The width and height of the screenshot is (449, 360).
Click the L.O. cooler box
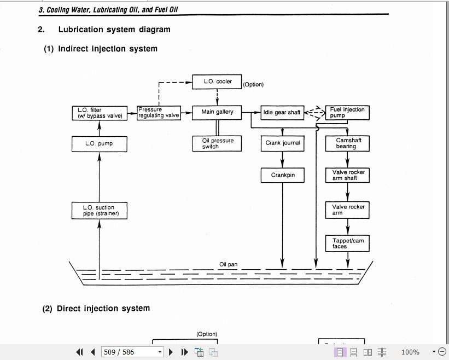[217, 82]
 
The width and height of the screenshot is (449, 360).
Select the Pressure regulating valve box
[158, 113]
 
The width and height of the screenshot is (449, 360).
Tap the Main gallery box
[217, 112]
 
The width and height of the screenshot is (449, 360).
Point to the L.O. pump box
[99, 144]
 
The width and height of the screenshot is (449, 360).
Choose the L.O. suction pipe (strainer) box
[99, 211]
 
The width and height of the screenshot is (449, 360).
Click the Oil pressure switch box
[217, 143]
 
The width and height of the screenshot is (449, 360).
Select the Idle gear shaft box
[282, 113]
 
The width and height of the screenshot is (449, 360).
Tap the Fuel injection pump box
[347, 113]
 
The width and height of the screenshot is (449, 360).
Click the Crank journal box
[282, 143]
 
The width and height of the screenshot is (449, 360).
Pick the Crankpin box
[282, 176]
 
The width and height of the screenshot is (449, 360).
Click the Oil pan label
[228, 265]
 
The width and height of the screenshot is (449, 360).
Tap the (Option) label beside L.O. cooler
[253, 85]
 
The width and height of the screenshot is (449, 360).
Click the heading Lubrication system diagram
[114, 30]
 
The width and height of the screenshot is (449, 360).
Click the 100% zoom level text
[410, 352]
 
